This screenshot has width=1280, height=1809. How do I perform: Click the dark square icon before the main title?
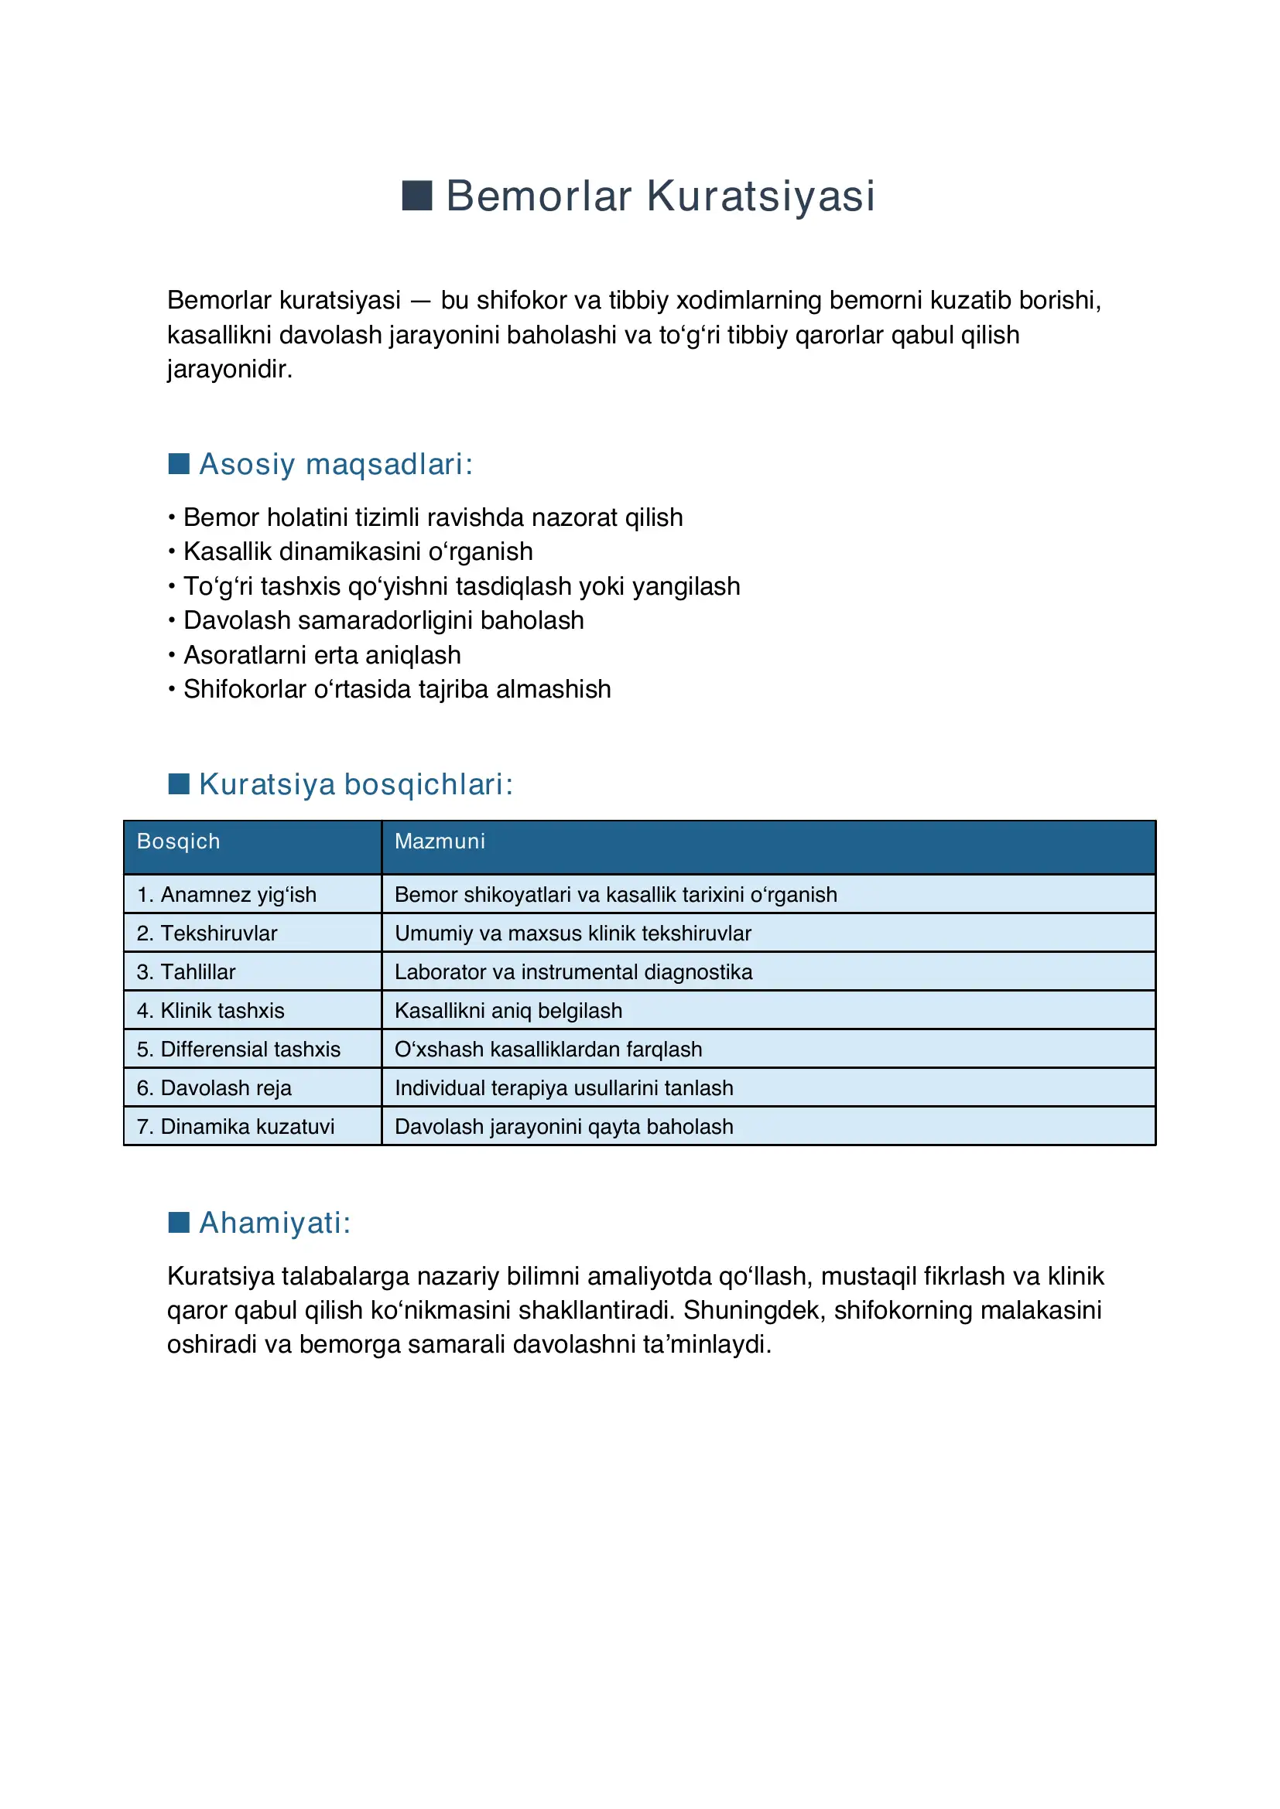[417, 196]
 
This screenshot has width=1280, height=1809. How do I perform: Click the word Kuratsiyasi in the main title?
[761, 196]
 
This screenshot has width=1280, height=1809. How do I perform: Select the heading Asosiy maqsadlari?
[336, 464]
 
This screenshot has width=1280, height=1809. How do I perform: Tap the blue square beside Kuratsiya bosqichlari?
[179, 784]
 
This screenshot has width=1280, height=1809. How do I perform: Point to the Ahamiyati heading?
[274, 1223]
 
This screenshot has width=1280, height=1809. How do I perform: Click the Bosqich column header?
[178, 841]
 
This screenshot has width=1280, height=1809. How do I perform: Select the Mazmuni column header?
[440, 841]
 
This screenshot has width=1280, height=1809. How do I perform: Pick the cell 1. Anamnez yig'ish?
[226, 895]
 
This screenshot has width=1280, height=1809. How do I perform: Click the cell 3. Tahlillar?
[186, 972]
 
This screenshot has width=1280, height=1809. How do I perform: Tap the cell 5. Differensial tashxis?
[238, 1050]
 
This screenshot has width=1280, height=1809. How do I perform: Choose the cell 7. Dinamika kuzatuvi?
[235, 1127]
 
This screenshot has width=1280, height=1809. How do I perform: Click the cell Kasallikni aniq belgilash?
[508, 1011]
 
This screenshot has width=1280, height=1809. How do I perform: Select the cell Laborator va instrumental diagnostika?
[573, 972]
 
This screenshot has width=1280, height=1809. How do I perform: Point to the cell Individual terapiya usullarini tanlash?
[563, 1088]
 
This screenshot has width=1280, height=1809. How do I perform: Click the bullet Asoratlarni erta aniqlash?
[322, 656]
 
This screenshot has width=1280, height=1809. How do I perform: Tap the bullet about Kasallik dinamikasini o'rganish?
[358, 551]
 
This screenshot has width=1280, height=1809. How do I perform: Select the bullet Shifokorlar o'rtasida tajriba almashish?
[396, 689]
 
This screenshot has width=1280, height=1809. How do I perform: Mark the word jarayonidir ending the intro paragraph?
[229, 369]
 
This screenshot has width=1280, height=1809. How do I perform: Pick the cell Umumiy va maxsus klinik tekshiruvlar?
[572, 934]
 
